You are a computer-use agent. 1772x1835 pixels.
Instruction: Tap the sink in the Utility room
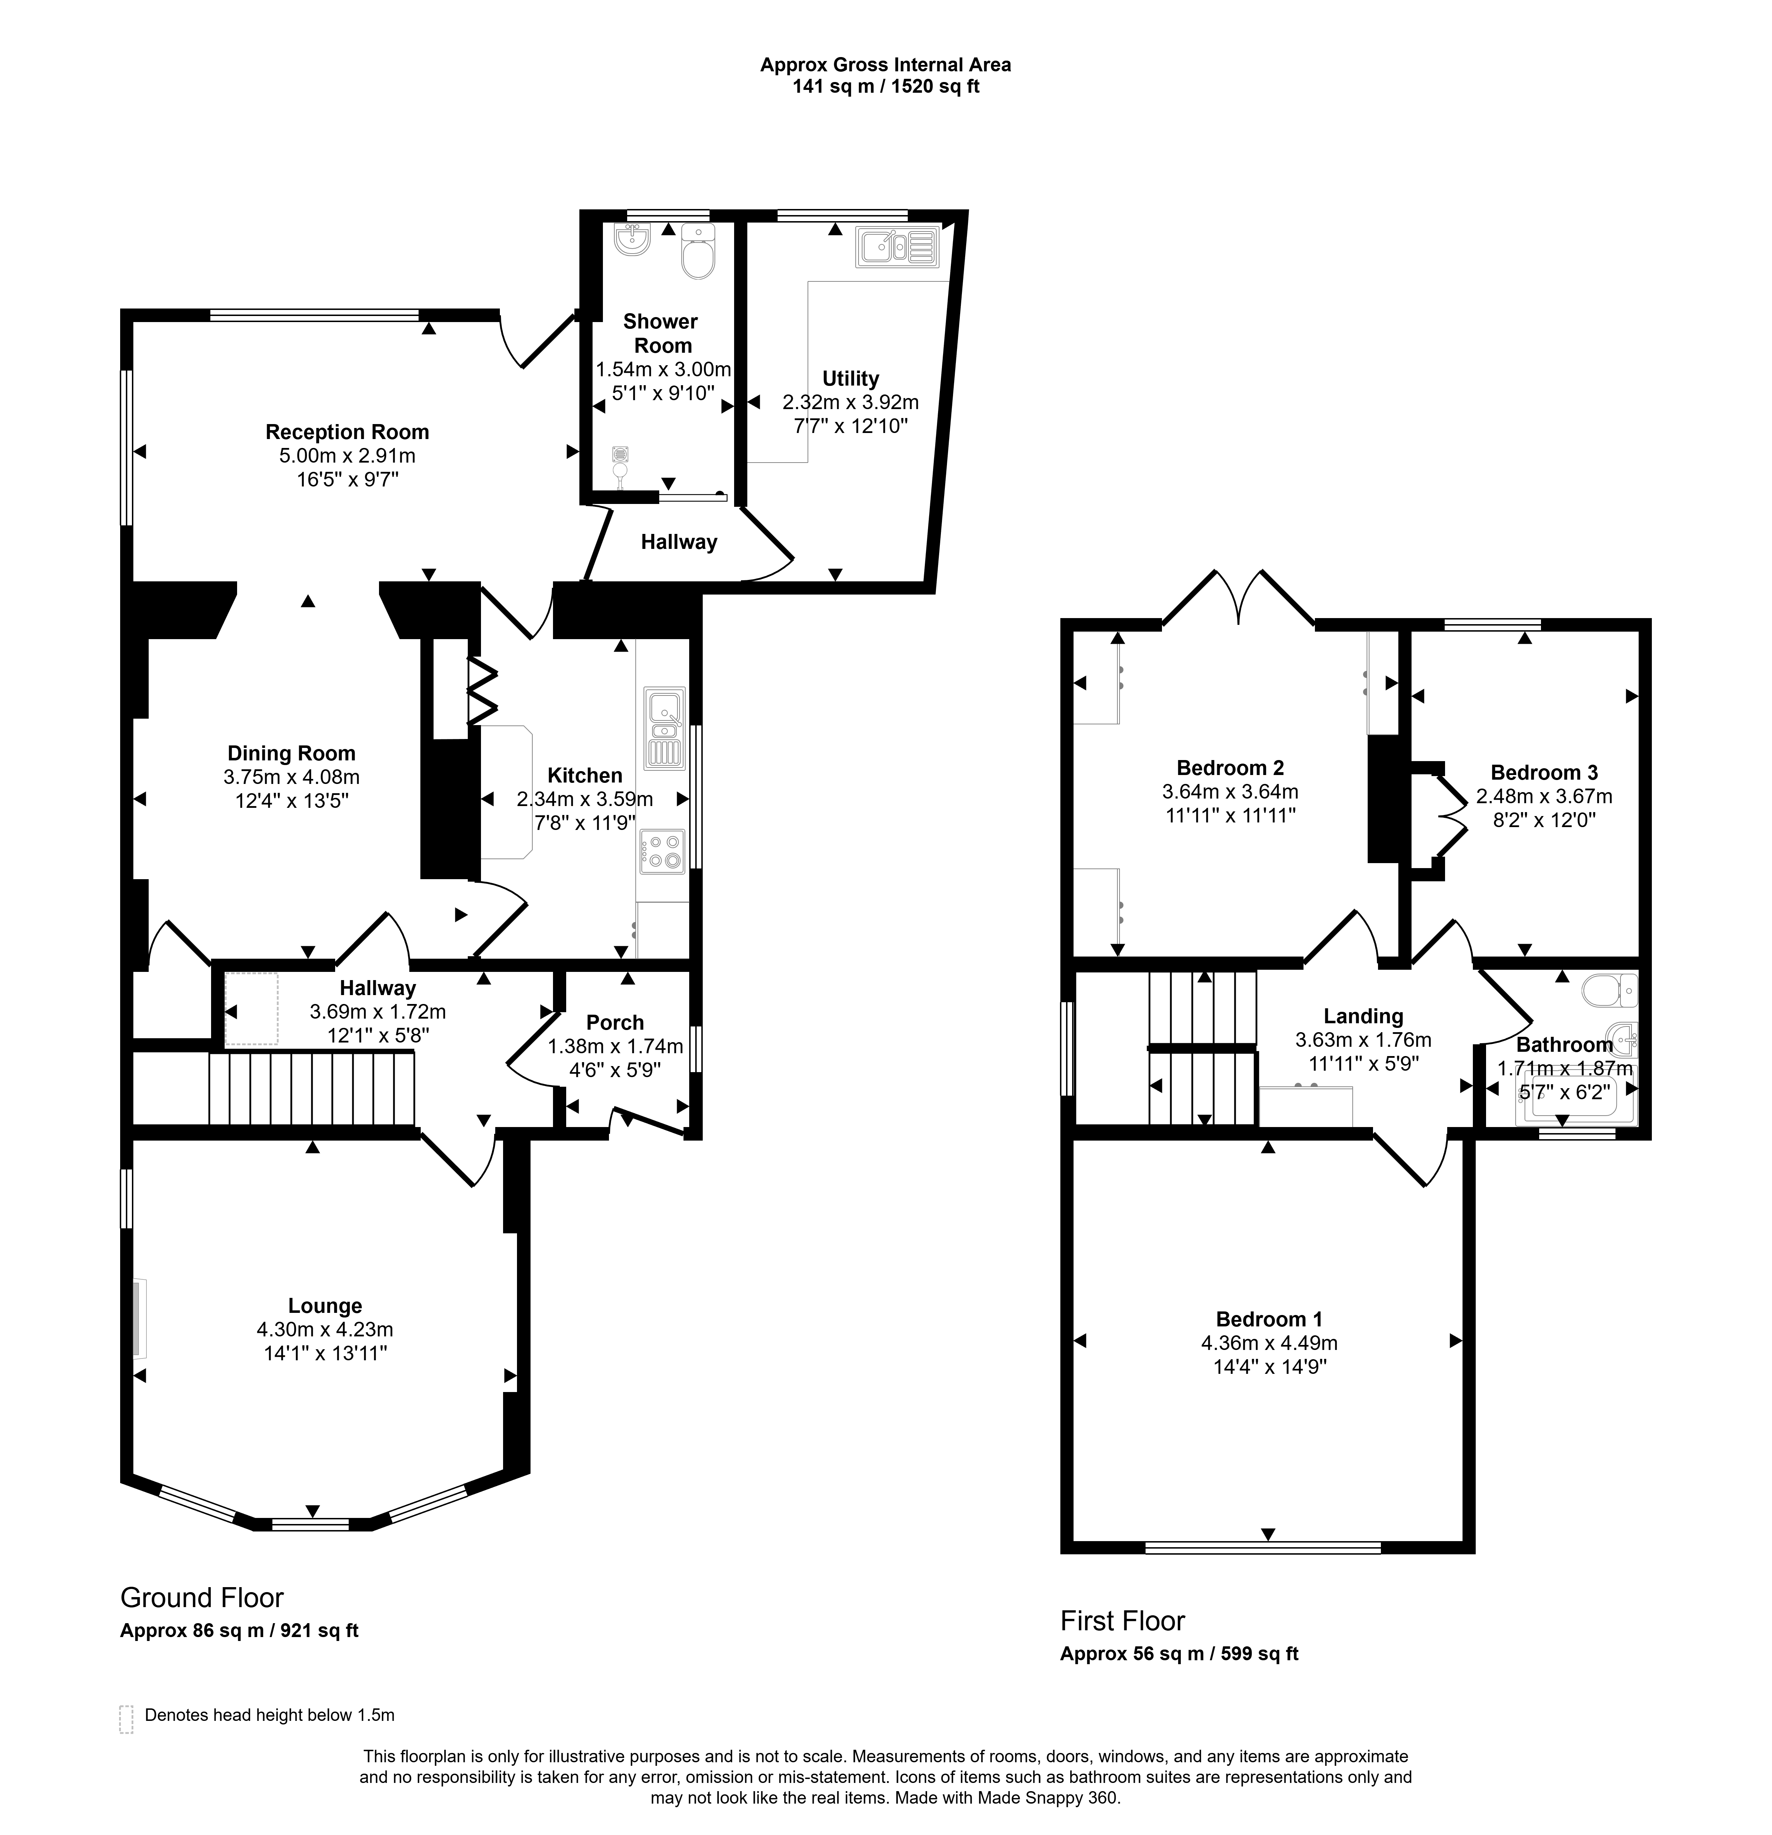click(897, 246)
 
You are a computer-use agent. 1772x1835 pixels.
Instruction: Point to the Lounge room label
click(325, 1305)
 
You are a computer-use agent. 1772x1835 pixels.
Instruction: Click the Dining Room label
click(291, 753)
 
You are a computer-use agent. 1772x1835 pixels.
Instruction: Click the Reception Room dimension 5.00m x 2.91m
click(347, 456)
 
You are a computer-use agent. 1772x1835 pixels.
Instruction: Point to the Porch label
click(615, 1022)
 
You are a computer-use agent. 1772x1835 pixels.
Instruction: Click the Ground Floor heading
click(201, 1596)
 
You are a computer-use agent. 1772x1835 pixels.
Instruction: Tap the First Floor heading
click(1122, 1620)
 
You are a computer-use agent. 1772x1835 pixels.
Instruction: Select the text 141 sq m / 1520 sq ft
click(886, 87)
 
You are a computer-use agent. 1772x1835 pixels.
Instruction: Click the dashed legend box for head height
click(126, 1719)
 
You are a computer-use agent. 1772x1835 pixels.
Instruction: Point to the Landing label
click(1363, 1016)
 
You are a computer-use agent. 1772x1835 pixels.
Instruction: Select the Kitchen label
click(585, 775)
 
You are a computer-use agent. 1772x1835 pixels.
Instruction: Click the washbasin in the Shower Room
click(633, 241)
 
